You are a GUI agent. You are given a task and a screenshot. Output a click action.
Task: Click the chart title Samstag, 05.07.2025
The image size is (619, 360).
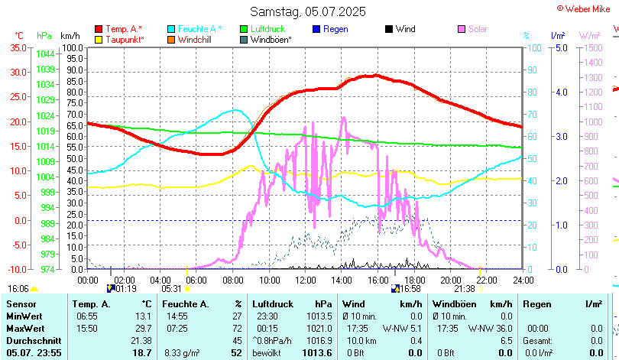click(308, 11)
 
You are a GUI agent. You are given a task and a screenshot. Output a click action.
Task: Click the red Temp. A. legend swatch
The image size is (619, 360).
click(99, 29)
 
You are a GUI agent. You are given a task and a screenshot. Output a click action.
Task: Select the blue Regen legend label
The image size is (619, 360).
click(335, 29)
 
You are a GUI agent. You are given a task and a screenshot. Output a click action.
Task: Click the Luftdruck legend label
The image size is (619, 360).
click(268, 29)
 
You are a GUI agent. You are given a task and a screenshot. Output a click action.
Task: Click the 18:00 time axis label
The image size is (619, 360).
click(413, 279)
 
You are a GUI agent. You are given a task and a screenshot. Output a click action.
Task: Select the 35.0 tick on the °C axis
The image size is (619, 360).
click(18, 47)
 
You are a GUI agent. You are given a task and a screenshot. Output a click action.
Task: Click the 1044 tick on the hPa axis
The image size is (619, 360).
click(44, 54)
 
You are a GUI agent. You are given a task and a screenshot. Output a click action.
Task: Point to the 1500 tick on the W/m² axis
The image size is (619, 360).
click(590, 47)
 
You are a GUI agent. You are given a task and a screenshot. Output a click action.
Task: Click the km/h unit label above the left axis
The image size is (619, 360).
click(70, 36)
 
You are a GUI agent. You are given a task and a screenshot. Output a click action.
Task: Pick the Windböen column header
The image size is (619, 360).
click(454, 303)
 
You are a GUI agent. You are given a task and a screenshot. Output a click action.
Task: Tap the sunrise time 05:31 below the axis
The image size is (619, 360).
click(172, 289)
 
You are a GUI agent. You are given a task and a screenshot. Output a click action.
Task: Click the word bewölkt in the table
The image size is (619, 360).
click(267, 352)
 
